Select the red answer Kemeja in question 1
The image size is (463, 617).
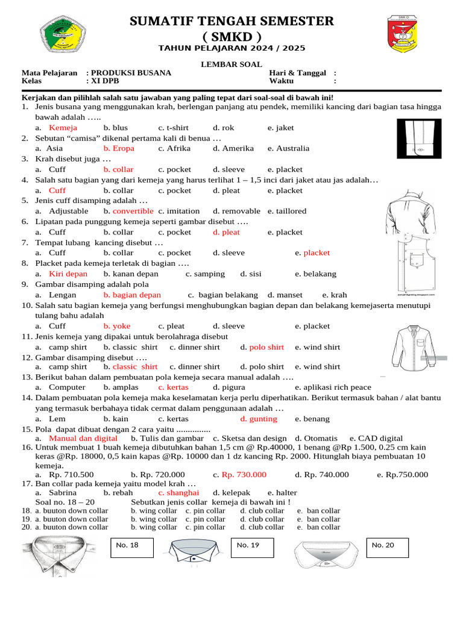coord(63,128)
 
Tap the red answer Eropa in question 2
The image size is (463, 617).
coord(119,148)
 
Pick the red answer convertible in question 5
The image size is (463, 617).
coord(133,211)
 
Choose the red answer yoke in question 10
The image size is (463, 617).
coord(121,326)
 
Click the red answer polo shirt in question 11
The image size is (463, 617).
coord(266,347)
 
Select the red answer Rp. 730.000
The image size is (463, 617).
coord(244,474)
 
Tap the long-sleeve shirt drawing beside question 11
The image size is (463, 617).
coord(418,351)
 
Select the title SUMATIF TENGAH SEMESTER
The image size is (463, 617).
coord(231,22)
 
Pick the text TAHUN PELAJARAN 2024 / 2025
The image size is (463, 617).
coord(231,48)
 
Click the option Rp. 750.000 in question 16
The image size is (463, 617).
coord(403,474)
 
